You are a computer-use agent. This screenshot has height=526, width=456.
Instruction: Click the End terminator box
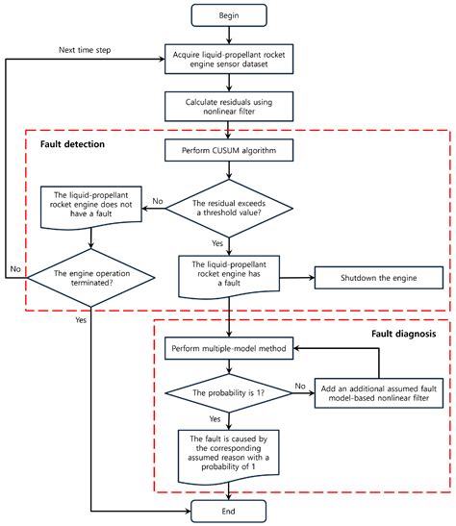227,512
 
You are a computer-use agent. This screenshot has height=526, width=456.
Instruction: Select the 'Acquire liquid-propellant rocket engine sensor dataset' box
228,61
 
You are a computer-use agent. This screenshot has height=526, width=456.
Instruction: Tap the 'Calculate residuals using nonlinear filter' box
228,106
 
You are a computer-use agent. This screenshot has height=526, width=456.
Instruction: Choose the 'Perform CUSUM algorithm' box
228,151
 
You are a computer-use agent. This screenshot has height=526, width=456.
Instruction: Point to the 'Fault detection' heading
73,144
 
